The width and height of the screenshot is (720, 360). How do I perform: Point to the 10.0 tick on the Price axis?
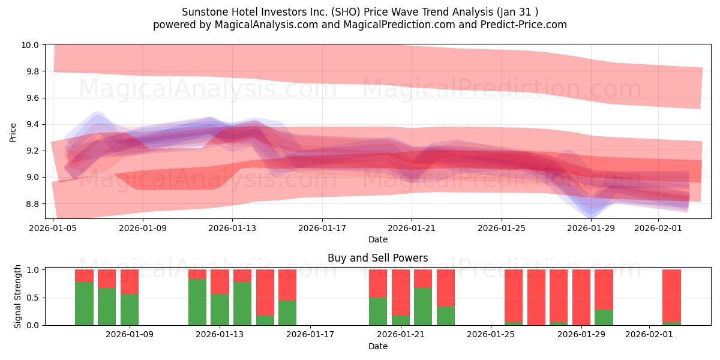click(x=31, y=45)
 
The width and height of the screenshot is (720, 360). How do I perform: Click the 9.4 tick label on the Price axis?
click(x=31, y=124)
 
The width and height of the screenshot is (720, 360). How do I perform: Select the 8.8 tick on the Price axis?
click(x=31, y=204)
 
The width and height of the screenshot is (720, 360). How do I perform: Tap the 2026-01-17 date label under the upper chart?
click(x=322, y=228)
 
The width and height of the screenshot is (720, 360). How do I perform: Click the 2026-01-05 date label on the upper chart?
click(x=53, y=228)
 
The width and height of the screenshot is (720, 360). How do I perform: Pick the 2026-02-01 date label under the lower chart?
click(x=649, y=334)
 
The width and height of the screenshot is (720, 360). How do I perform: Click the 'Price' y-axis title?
click(x=13, y=132)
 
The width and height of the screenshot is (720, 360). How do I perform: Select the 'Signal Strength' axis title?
click(x=18, y=296)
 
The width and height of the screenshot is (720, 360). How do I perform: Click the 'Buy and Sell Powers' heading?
click(x=377, y=258)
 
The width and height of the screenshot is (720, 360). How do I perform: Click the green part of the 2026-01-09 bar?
click(x=130, y=310)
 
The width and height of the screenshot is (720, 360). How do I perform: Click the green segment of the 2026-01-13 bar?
click(x=220, y=310)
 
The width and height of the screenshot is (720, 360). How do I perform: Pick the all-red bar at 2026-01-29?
click(x=581, y=297)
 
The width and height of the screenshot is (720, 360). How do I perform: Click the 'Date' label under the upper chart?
click(x=377, y=239)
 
